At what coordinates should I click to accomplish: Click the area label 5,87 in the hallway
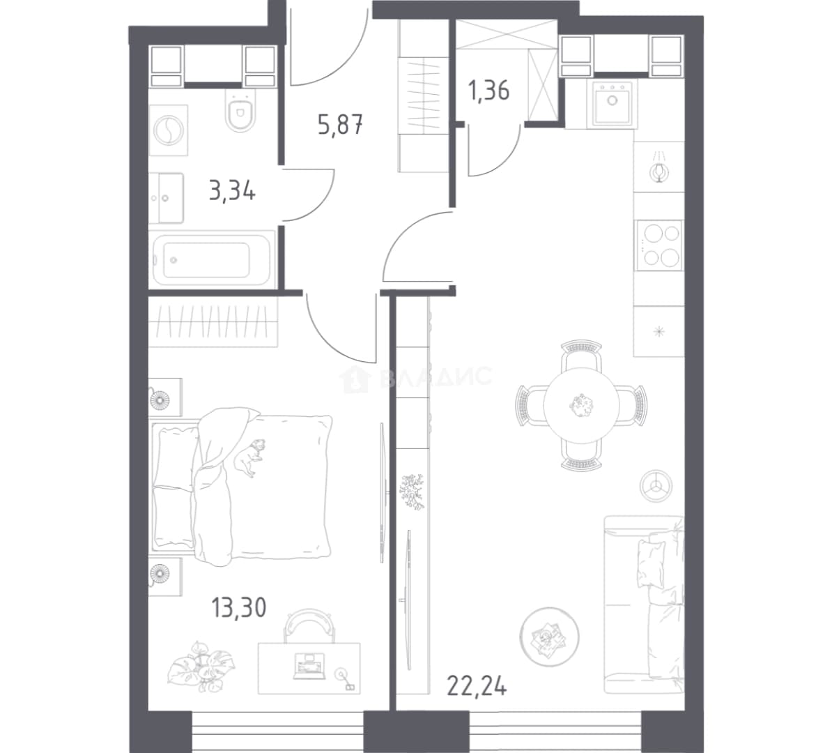[341, 126]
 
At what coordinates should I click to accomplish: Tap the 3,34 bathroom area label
[233, 190]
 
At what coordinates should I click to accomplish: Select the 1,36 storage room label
[488, 90]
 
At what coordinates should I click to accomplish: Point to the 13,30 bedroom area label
[239, 607]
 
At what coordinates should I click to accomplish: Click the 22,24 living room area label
[477, 685]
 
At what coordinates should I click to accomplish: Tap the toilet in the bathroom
[240, 110]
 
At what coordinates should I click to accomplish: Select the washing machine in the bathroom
[169, 130]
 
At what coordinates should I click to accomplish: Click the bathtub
[213, 259]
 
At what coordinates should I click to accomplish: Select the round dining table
[581, 406]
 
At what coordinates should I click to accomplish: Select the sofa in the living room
[644, 604]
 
